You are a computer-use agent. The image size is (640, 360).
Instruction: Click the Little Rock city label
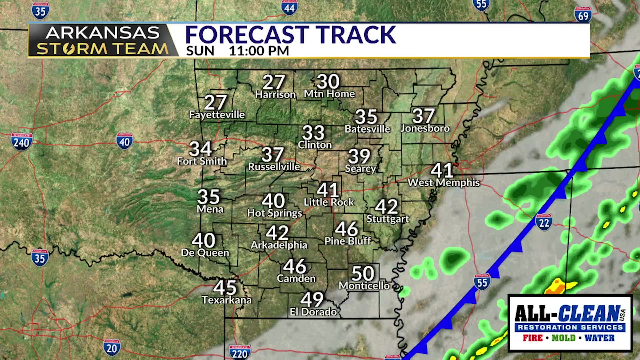pyautogui.click(x=329, y=202)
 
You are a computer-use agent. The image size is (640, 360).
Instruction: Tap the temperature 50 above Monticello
pyautogui.click(x=363, y=273)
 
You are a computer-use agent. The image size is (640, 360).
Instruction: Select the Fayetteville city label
pyautogui.click(x=217, y=115)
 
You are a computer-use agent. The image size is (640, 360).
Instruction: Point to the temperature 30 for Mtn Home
pyautogui.click(x=328, y=81)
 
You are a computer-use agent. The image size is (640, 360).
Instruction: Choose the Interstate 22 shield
pyautogui.click(x=544, y=221)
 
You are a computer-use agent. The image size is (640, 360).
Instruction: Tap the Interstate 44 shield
pyautogui.click(x=289, y=7)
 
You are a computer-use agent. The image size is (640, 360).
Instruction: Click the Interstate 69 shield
pyautogui.click(x=583, y=15)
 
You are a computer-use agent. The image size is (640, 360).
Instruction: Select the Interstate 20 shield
pyautogui.click(x=112, y=347)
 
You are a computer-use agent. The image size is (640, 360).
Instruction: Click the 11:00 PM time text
pyautogui.click(x=259, y=51)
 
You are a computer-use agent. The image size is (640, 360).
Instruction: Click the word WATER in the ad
pyautogui.click(x=599, y=338)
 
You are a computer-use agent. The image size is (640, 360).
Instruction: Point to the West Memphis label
pyautogui.click(x=444, y=182)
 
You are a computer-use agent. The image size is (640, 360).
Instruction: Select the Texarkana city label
pyautogui.click(x=227, y=300)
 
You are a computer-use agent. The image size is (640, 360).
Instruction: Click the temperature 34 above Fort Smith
pyautogui.click(x=200, y=149)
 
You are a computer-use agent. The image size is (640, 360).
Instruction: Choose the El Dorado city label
pyautogui.click(x=313, y=312)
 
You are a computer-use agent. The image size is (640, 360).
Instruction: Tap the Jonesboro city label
pyautogui.click(x=425, y=128)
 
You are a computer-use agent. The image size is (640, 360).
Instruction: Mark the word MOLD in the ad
pyautogui.click(x=563, y=338)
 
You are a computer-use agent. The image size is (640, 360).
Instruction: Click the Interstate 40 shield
pyautogui.click(x=125, y=142)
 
